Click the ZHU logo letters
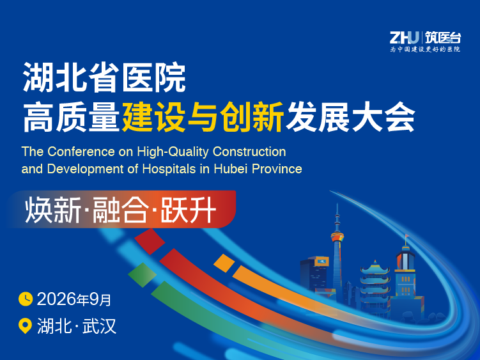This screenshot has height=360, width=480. coord(405,38)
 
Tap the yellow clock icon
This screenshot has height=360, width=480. coord(26,299)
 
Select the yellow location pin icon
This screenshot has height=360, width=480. coord(25,325)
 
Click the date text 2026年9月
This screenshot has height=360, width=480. coord(74,299)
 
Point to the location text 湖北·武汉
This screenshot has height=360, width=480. coord(77,326)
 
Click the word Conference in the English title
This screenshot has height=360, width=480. coord(81,152)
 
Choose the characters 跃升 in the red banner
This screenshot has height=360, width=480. coord(189,210)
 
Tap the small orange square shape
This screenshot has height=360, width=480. coord(224,263)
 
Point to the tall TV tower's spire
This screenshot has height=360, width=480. coord(337,217)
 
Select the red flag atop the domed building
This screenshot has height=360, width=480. coord(407,236)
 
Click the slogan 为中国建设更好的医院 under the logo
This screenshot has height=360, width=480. coord(425,49)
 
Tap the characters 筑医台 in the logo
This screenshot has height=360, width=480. coord(443,38)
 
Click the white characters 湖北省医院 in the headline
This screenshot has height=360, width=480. coord(104,77)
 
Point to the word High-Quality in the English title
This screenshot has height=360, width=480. coord(173,152)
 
